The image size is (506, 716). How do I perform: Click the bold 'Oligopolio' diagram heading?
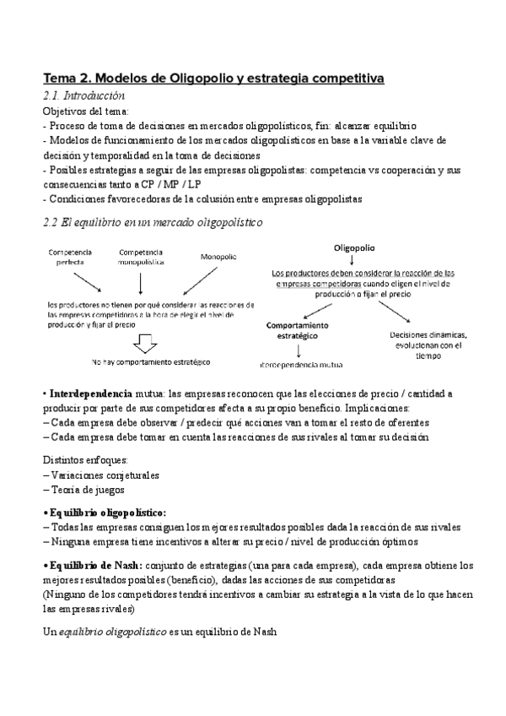pos(354,249)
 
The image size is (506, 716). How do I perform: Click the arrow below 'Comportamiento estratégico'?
pos(300,350)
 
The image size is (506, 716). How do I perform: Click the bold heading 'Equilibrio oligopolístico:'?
pos(107,513)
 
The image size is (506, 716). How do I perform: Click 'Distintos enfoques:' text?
pos(84,461)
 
